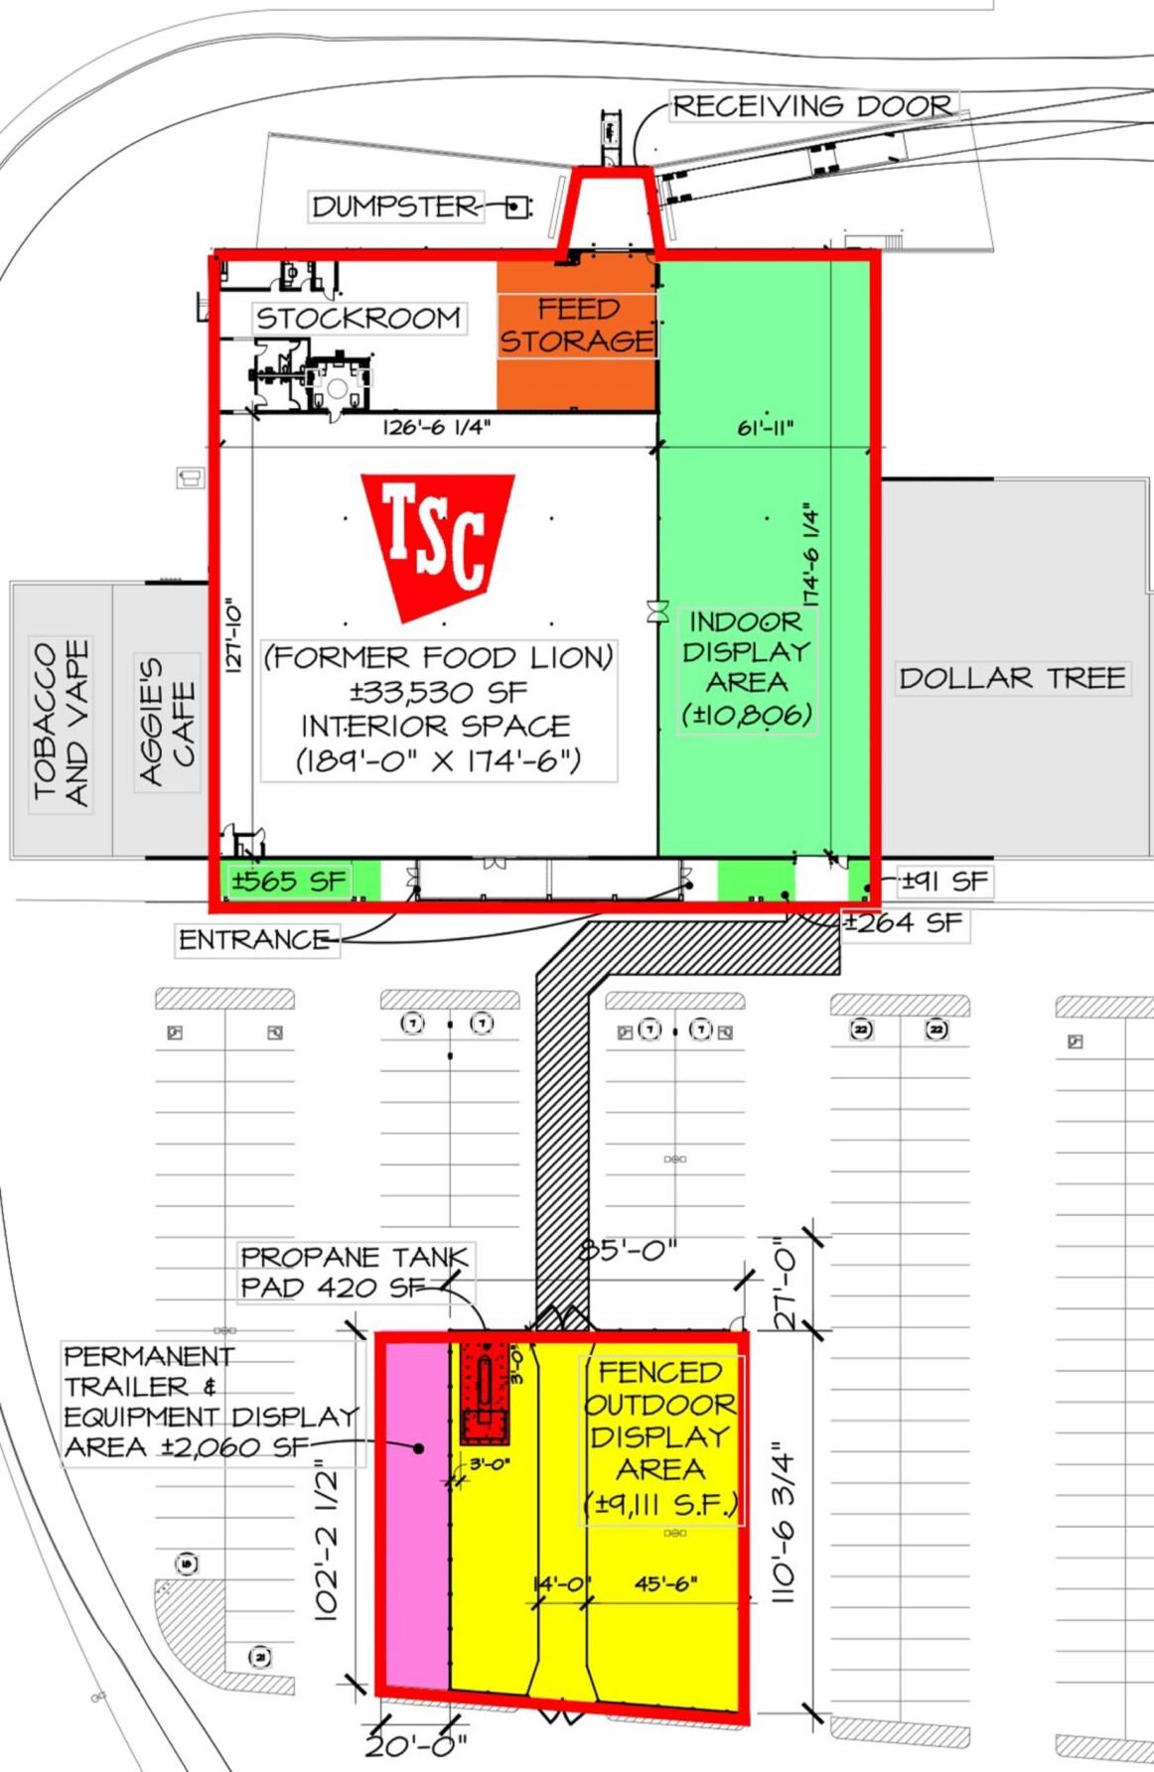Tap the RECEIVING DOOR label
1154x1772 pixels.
tap(813, 105)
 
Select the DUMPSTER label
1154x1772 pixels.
tap(395, 206)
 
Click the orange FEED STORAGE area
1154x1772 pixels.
tap(577, 335)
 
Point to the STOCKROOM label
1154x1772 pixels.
tap(359, 318)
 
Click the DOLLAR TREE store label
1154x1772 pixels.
tap(1012, 678)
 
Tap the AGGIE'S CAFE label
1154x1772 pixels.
tap(167, 722)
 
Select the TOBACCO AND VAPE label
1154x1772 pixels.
tap(61, 723)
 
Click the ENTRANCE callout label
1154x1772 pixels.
tap(256, 939)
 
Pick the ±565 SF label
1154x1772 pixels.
tap(289, 881)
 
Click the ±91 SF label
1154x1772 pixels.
tap(945, 881)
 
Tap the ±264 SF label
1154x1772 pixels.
tap(904, 923)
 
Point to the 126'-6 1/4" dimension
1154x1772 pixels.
tap(437, 428)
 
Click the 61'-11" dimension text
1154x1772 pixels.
tap(765, 428)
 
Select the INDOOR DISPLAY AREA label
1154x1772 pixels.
tap(747, 668)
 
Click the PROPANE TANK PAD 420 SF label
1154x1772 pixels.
tap(354, 1272)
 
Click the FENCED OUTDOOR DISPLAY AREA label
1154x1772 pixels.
tap(661, 1437)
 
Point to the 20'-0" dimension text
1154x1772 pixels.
tap(416, 1744)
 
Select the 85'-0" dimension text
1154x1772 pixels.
tap(629, 1249)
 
